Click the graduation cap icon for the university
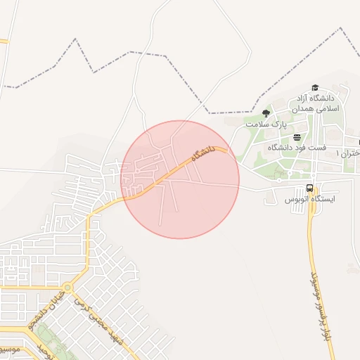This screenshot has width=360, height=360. pos(314,87)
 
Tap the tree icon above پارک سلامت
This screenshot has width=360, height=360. pos(266,112)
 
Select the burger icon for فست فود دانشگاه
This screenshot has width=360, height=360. pos(297,137)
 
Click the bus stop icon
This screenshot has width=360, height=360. pos(309,188)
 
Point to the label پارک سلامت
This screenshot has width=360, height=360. pos(267,124)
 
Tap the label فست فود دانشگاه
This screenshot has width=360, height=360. pos(300,148)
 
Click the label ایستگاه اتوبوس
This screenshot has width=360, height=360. pos(310,200)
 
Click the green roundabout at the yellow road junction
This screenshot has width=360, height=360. pos(67,287)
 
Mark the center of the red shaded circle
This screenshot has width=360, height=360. pos(181,179)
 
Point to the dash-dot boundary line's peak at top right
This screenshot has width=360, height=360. pos(341,29)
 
